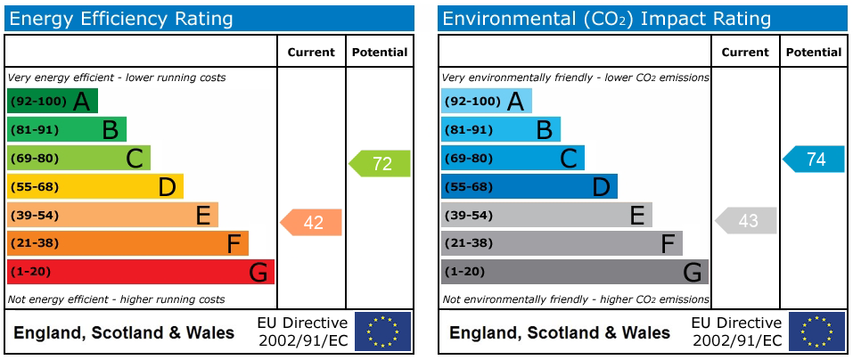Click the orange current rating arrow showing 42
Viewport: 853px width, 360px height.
click(312, 223)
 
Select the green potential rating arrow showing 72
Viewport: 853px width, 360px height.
click(381, 164)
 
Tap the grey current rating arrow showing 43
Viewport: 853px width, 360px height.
click(747, 221)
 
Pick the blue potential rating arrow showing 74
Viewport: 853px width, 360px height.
click(815, 160)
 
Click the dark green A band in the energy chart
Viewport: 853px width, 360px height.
click(52, 102)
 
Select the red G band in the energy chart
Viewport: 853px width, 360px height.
click(140, 272)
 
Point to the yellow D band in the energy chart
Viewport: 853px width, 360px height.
click(94, 186)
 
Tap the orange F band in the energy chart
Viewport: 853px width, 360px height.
click(127, 243)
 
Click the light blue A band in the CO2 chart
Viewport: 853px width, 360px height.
click(486, 102)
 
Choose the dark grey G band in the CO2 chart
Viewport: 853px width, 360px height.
click(574, 272)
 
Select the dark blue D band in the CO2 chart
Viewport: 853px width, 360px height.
click(529, 186)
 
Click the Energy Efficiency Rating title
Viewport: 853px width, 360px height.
click(120, 19)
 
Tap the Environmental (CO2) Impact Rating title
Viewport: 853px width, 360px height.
click(606, 19)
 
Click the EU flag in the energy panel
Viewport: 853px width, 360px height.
click(382, 331)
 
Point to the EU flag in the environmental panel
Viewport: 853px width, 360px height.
click(816, 331)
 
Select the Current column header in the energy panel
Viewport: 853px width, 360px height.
click(311, 53)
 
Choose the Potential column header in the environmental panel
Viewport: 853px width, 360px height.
click(814, 53)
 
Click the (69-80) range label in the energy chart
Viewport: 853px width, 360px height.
click(34, 159)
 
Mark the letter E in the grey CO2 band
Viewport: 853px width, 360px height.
click(636, 215)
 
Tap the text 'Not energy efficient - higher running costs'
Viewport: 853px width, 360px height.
click(116, 299)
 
